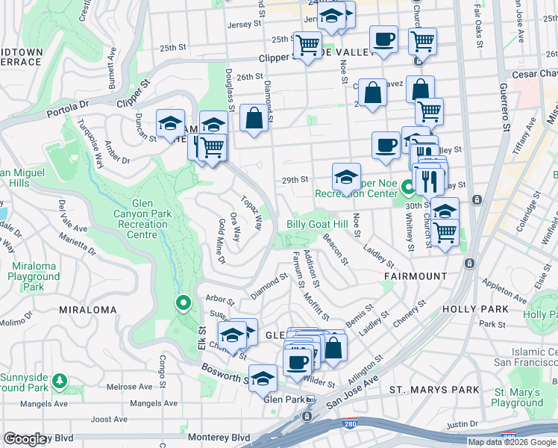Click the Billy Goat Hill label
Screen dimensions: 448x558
pos(317,225)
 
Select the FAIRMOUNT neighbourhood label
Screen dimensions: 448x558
pos(416,276)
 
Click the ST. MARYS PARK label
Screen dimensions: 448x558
pos(434,390)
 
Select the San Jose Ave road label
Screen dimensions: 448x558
pos(366,385)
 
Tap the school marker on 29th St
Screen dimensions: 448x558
pos(346,177)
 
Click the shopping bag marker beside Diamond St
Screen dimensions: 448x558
pos(254,119)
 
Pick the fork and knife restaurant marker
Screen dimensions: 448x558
pos(429,180)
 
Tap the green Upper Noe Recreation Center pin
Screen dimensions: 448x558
pos(407,187)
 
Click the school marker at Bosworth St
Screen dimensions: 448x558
pos(263,379)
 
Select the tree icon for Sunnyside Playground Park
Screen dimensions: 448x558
pos(59,382)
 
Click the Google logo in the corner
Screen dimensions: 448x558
pos(25,439)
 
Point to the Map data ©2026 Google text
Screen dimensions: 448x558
pos(512,442)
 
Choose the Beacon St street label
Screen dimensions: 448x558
pos(336,249)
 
